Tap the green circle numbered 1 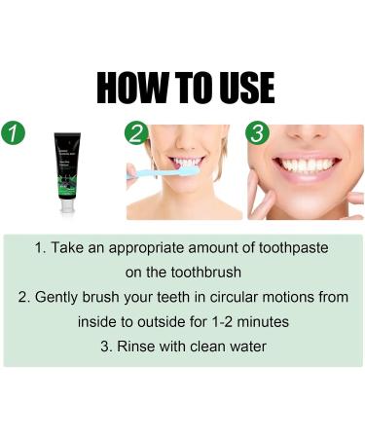click(x=14, y=133)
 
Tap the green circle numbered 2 click(x=137, y=133)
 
